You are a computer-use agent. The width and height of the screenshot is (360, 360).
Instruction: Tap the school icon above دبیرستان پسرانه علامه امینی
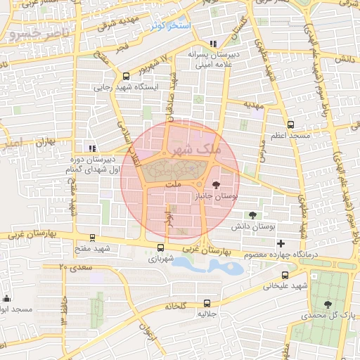[x=214, y=43]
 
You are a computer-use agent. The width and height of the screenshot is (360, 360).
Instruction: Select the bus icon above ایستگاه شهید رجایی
[x=126, y=77]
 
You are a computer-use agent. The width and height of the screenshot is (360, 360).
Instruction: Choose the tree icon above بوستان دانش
[x=252, y=216]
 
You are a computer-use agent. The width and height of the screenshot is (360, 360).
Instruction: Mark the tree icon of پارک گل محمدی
[x=328, y=304]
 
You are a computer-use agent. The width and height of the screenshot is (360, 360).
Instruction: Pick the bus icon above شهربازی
[x=161, y=247]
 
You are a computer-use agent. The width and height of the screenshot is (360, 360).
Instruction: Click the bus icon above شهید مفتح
[x=93, y=238]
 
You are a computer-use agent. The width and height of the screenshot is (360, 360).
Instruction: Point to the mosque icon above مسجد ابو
[x=6, y=299]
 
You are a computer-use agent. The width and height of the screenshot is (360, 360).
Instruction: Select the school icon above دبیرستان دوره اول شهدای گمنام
[x=91, y=148]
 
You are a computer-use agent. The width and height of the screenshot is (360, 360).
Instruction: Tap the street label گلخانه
[x=174, y=307]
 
